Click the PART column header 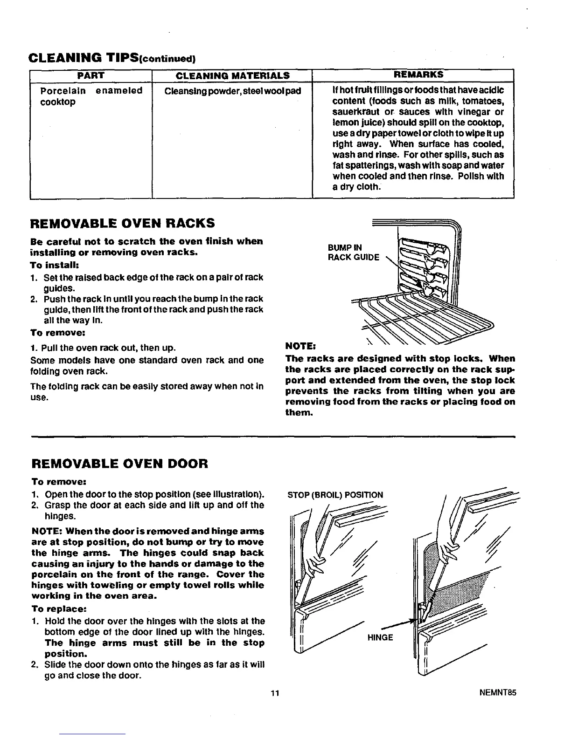coord(91,75)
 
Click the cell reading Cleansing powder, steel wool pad coord(233,90)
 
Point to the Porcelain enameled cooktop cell coord(91,96)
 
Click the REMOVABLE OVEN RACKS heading coord(122,223)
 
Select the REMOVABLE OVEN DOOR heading coord(119,464)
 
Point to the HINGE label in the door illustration coord(380,637)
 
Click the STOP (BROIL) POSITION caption coord(335,495)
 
